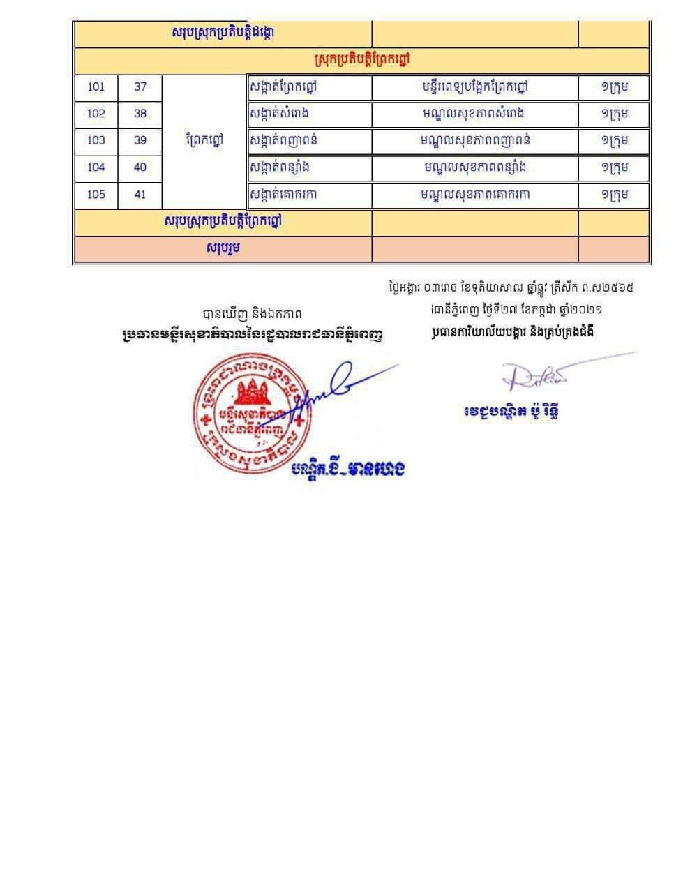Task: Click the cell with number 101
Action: pos(96,87)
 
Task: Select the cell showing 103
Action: pos(96,140)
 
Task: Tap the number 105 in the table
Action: pos(96,195)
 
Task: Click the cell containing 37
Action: pos(140,87)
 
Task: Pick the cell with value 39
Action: pos(140,140)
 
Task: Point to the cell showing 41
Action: pos(140,195)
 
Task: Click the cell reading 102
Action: pos(96,114)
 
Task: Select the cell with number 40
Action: pos(140,167)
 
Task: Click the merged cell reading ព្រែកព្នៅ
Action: pos(204,140)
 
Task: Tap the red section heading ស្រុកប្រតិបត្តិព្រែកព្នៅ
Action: pos(361,61)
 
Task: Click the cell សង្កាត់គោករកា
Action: pos(283,195)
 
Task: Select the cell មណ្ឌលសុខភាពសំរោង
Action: pos(474,114)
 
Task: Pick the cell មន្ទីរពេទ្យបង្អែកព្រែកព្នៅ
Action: pos(474,87)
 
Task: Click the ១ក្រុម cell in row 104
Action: pos(614,167)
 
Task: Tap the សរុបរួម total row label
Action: pos(223,248)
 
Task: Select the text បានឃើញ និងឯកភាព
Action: pos(252,314)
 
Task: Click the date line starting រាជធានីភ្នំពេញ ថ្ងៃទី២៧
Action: pos(517,309)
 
